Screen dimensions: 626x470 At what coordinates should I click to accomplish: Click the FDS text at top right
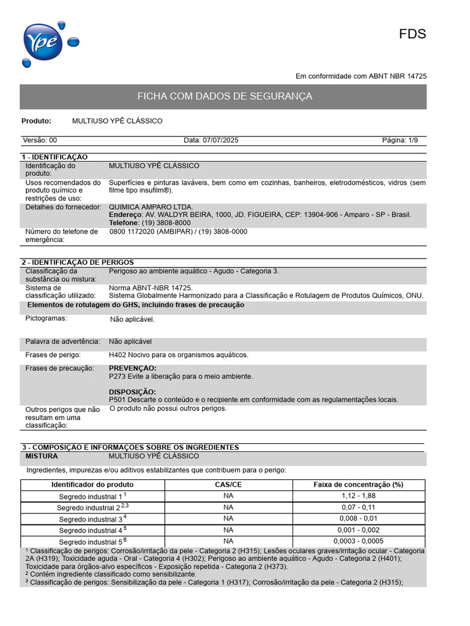[x=412, y=34]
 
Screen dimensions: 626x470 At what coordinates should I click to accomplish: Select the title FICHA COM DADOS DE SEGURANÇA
[x=224, y=97]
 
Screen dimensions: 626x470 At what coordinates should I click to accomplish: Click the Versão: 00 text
[x=40, y=141]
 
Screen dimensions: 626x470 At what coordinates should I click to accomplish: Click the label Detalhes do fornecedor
[x=62, y=207]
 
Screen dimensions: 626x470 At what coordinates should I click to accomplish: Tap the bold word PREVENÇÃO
[x=132, y=368]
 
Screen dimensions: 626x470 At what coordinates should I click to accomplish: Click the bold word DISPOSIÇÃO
[x=132, y=391]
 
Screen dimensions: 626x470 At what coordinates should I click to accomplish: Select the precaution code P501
[x=117, y=400]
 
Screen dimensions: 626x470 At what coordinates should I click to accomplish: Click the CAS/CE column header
[x=228, y=485]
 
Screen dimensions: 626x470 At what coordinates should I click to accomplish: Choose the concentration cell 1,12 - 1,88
[x=358, y=496]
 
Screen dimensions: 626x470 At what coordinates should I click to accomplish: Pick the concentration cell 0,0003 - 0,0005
[x=358, y=541]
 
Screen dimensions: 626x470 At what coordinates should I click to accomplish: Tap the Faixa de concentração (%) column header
[x=358, y=485]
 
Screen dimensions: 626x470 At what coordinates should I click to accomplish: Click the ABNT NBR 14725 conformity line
[x=361, y=76]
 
